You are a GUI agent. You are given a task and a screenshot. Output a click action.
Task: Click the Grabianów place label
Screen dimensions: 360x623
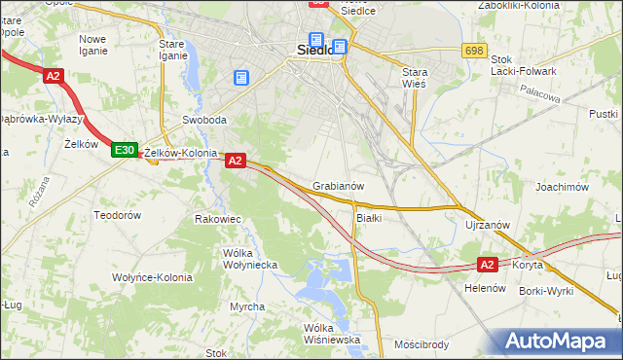point(339,185)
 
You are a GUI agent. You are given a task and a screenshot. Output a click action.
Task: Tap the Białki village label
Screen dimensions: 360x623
point(368,218)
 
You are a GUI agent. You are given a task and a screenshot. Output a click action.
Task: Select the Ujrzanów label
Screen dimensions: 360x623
point(488,225)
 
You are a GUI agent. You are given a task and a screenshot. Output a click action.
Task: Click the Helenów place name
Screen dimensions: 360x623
point(482,288)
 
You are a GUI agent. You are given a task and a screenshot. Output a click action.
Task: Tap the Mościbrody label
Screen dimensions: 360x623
point(421,343)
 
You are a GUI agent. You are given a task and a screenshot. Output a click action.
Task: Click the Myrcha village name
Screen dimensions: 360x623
point(247,306)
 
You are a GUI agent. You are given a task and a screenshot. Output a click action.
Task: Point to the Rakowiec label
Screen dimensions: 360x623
point(218,219)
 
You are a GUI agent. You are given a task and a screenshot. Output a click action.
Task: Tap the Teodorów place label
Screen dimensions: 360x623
point(118,214)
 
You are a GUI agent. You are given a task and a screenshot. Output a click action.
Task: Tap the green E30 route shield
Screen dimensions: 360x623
point(124,150)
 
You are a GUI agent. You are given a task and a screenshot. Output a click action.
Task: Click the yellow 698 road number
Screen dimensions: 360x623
point(474,51)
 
